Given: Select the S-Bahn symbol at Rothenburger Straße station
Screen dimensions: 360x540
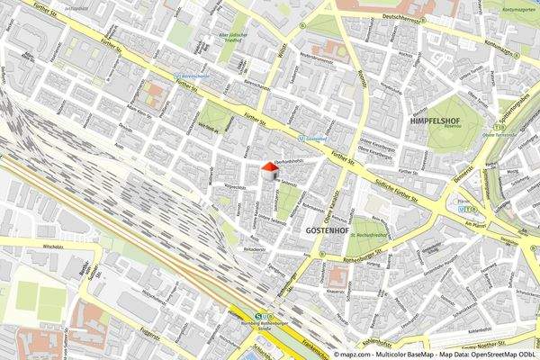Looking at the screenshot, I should click(259, 316).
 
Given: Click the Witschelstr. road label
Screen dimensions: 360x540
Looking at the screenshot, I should click(33, 244).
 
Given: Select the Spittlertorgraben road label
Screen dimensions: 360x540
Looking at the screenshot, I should click(518, 112).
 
